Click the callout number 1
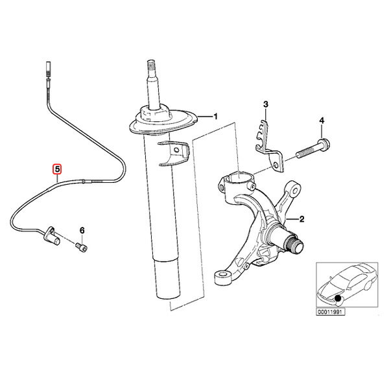coord(216,116)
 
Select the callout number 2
coord(301,219)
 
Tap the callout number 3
coord(266,104)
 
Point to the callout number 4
coord(322,121)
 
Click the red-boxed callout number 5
coord(57,169)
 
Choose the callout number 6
coord(82,230)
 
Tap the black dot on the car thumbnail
coord(337,298)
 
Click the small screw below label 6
coord(82,248)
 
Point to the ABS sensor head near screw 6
coord(52,237)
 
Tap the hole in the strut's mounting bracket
coord(176,150)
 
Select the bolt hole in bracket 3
coord(275,166)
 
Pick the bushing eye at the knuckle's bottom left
coord(223,277)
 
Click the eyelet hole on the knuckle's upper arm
coord(295,191)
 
